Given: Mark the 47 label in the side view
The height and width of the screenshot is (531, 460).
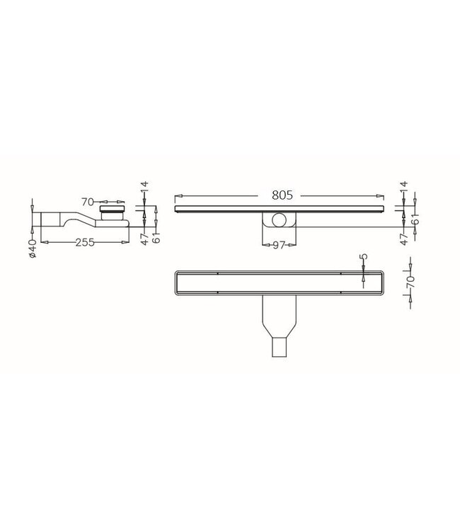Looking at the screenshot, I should (144, 239).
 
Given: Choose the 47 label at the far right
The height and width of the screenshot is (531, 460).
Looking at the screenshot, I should (403, 239).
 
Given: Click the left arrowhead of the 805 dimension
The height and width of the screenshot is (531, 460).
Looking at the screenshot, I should (177, 195).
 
